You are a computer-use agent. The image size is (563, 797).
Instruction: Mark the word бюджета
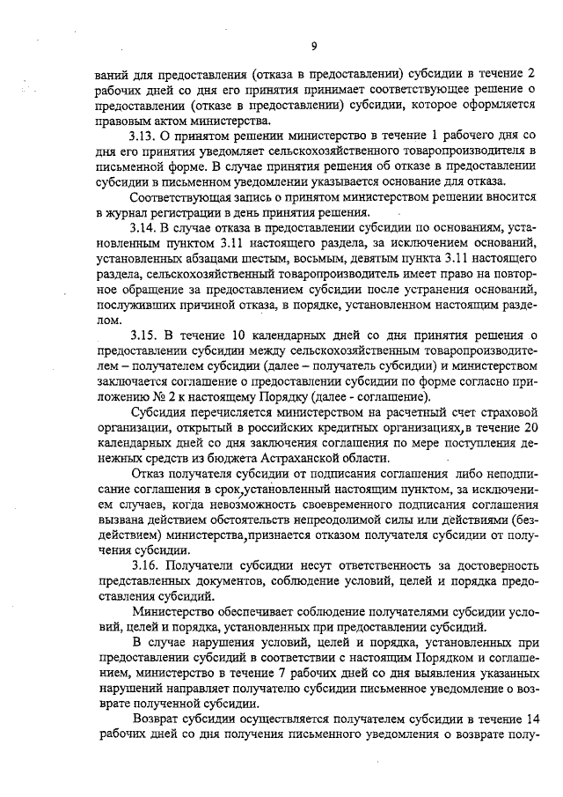(x=260, y=459)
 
